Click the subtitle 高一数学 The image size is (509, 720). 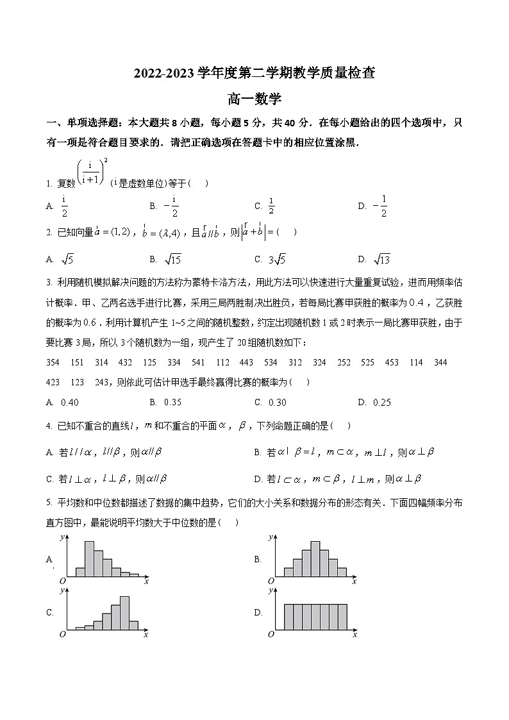pos(254,99)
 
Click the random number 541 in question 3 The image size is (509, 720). pos(198,362)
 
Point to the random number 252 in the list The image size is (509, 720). pos(344,362)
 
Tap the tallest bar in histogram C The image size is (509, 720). pos(124,614)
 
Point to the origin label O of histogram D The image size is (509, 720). pos(271,634)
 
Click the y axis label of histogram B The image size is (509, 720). pos(271,536)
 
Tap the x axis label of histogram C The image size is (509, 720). pos(146,634)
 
